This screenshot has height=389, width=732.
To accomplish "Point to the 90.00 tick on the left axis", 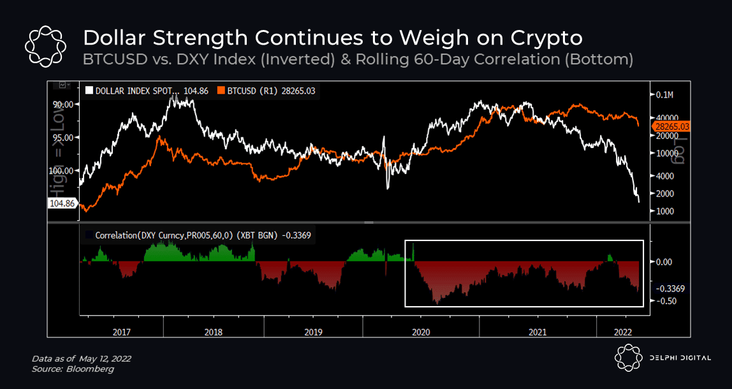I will click(66, 105).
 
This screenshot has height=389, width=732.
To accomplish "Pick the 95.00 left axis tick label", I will click(66, 137).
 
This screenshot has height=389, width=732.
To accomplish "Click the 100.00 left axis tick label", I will click(64, 170).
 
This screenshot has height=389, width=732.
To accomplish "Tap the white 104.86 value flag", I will click(62, 203).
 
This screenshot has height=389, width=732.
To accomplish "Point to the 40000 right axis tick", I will click(666, 117).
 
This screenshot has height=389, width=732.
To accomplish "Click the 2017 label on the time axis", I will click(121, 332).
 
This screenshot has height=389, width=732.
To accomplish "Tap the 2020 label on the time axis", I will click(421, 332).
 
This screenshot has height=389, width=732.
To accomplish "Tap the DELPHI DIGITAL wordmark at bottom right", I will click(680, 358).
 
